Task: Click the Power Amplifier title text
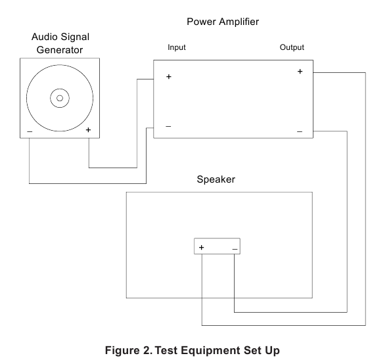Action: tap(223, 22)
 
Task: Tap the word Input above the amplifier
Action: tap(177, 47)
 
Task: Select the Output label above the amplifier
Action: tap(292, 47)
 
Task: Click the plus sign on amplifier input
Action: tap(169, 77)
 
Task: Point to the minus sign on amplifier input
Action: tap(168, 126)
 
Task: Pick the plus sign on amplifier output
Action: tap(300, 72)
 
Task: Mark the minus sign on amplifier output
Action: tap(300, 131)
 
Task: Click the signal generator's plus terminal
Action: tap(88, 130)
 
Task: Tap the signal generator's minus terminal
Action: tap(30, 131)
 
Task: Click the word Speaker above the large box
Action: tap(216, 179)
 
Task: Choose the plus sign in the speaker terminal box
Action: tap(202, 247)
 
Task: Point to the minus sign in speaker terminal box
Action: tap(235, 249)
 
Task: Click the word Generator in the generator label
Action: tap(60, 50)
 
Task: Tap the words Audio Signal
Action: tap(60, 37)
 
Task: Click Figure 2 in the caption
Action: tap(128, 350)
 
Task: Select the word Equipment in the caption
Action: tap(211, 351)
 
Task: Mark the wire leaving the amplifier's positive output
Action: tap(365, 200)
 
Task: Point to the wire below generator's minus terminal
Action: tap(87, 184)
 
